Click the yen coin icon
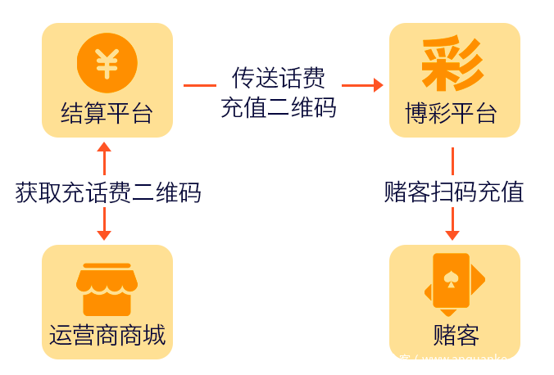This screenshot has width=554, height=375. [x=107, y=63]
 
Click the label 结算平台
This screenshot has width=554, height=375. [x=107, y=113]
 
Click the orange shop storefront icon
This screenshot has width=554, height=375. [x=107, y=289]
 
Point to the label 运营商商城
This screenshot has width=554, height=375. [x=107, y=335]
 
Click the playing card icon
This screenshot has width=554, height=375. [x=452, y=283]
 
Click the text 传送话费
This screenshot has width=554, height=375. [x=279, y=78]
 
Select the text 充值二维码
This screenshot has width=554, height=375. [x=279, y=107]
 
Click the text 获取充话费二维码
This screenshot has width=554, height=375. [x=108, y=192]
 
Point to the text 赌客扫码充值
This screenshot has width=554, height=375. [x=454, y=192]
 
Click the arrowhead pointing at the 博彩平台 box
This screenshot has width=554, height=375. [x=378, y=84]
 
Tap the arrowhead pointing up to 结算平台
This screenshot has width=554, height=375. [x=104, y=147]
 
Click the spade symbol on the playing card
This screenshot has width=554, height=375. [x=450, y=278]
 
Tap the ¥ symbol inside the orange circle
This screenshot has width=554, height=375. [x=107, y=63]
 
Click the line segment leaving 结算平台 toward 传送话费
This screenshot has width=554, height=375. [x=199, y=84]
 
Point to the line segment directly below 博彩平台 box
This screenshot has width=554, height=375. [x=452, y=160]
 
